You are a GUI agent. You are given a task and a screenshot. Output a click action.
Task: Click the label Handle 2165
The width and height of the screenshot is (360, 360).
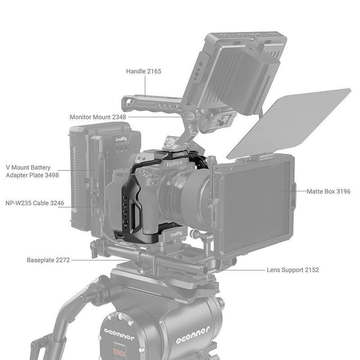[144, 71]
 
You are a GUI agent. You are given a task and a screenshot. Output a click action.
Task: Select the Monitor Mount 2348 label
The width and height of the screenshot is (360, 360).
[98, 117]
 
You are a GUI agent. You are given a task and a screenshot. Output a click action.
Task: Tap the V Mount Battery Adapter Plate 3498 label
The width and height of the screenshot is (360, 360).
[32, 171]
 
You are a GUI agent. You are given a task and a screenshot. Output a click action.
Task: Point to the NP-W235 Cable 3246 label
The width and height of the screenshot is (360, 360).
[35, 203]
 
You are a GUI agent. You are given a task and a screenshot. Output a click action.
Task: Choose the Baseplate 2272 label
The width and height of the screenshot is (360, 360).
[48, 260]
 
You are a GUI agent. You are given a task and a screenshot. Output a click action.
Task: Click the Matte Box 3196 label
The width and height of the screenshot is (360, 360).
[328, 192]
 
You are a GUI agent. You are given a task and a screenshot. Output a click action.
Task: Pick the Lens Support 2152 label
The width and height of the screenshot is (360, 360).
[292, 270]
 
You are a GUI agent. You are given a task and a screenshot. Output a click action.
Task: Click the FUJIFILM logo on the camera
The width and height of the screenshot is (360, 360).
[176, 164]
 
